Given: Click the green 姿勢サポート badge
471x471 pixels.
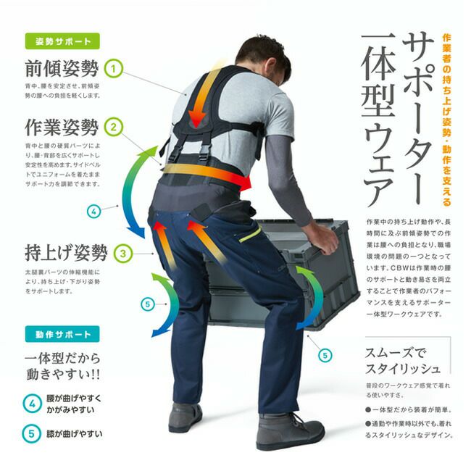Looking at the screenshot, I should click(62, 41).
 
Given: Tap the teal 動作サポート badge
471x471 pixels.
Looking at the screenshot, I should click(62, 335).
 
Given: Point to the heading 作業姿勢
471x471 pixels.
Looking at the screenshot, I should click(62, 128).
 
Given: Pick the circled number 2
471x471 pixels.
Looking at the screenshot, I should click(114, 128).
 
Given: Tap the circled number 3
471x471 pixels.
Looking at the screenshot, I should click(124, 254).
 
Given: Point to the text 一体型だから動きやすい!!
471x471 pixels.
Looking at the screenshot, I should click(62, 368).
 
